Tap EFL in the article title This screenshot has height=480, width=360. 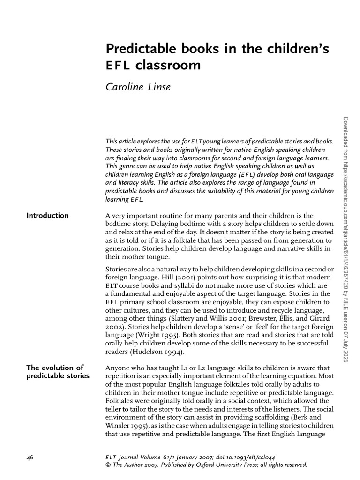tap(117, 66)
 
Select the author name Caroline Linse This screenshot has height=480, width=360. tap(137, 88)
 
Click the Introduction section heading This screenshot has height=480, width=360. tap(47, 216)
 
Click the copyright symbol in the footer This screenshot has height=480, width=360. tap(109, 465)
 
